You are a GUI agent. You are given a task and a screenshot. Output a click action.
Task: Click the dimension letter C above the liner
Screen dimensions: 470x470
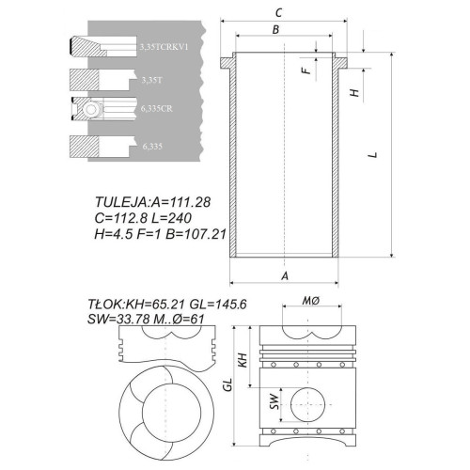point(278,13)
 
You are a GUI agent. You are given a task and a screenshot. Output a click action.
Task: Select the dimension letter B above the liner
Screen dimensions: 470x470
point(275,29)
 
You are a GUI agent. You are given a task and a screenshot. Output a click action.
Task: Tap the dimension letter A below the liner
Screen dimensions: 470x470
point(285,275)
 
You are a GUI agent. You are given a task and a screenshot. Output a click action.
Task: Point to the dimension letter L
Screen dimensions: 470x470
point(372,155)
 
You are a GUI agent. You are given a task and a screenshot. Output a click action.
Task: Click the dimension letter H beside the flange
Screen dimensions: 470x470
point(354,93)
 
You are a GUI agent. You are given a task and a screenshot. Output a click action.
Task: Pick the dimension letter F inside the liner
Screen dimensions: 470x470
point(307,70)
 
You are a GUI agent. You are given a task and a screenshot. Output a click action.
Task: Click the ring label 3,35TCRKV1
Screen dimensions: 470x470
point(164,47)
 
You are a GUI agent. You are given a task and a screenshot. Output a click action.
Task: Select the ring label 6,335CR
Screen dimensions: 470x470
point(157,109)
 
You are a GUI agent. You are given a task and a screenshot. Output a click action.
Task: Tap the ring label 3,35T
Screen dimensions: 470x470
point(152,80)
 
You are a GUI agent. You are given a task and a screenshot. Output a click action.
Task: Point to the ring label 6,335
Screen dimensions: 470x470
point(152,147)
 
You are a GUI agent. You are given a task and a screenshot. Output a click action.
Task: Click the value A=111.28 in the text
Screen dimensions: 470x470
point(180,202)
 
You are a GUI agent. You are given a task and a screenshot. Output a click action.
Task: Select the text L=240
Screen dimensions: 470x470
point(171,218)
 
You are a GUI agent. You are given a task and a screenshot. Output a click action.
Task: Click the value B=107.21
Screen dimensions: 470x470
point(196,234)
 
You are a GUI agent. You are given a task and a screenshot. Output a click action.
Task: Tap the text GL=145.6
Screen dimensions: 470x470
point(219,305)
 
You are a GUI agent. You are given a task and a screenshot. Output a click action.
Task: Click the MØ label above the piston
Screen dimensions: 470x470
point(311,301)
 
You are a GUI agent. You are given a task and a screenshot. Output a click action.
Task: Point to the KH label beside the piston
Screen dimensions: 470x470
point(243,360)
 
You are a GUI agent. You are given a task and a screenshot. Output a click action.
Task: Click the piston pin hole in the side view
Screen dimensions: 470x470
point(307,404)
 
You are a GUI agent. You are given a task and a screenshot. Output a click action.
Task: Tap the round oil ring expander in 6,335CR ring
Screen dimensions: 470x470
point(91,109)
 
